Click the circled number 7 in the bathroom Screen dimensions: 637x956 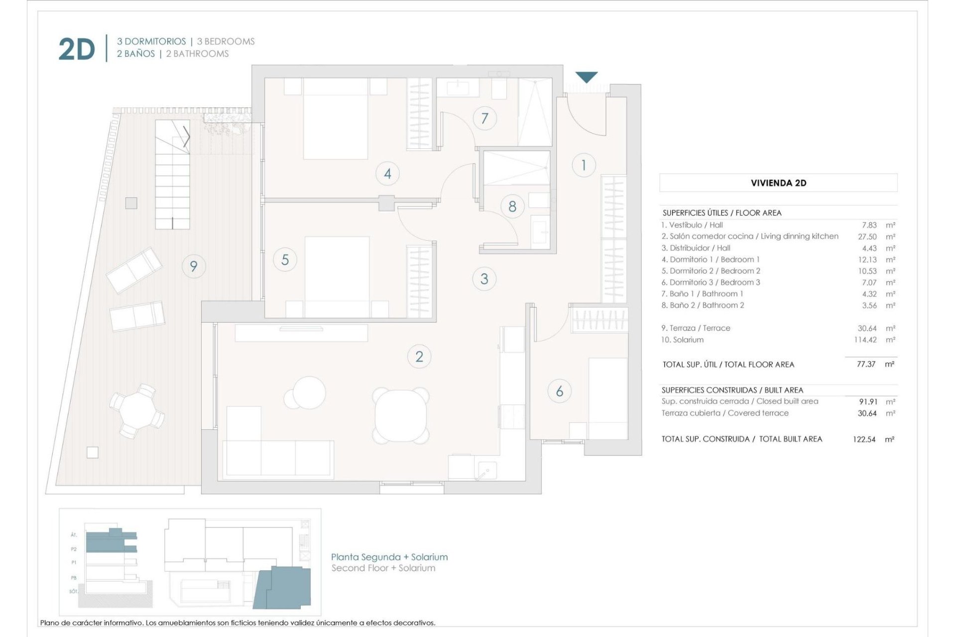click(x=484, y=118)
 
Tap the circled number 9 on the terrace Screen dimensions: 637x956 click(x=193, y=266)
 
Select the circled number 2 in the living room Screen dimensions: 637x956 click(x=419, y=356)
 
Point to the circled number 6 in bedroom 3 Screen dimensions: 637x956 click(x=559, y=391)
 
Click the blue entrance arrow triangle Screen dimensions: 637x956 click(x=587, y=77)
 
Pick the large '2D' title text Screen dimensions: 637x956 click(x=77, y=49)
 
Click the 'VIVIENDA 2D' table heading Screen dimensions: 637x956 click(x=778, y=183)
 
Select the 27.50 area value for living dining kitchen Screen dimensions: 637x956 click(x=867, y=237)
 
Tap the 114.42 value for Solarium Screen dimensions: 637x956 click(x=865, y=340)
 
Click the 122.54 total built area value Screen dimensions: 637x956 click(x=864, y=439)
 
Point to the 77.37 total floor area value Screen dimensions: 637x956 click(x=866, y=364)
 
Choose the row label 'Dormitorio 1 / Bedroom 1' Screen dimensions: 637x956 click(x=715, y=259)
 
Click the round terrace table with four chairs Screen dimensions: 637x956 click(x=136, y=411)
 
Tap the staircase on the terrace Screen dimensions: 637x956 click(x=172, y=174)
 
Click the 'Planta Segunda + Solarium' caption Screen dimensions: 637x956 click(x=389, y=557)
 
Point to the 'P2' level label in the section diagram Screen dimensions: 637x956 click(x=74, y=549)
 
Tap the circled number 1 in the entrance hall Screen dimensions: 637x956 click(x=584, y=165)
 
